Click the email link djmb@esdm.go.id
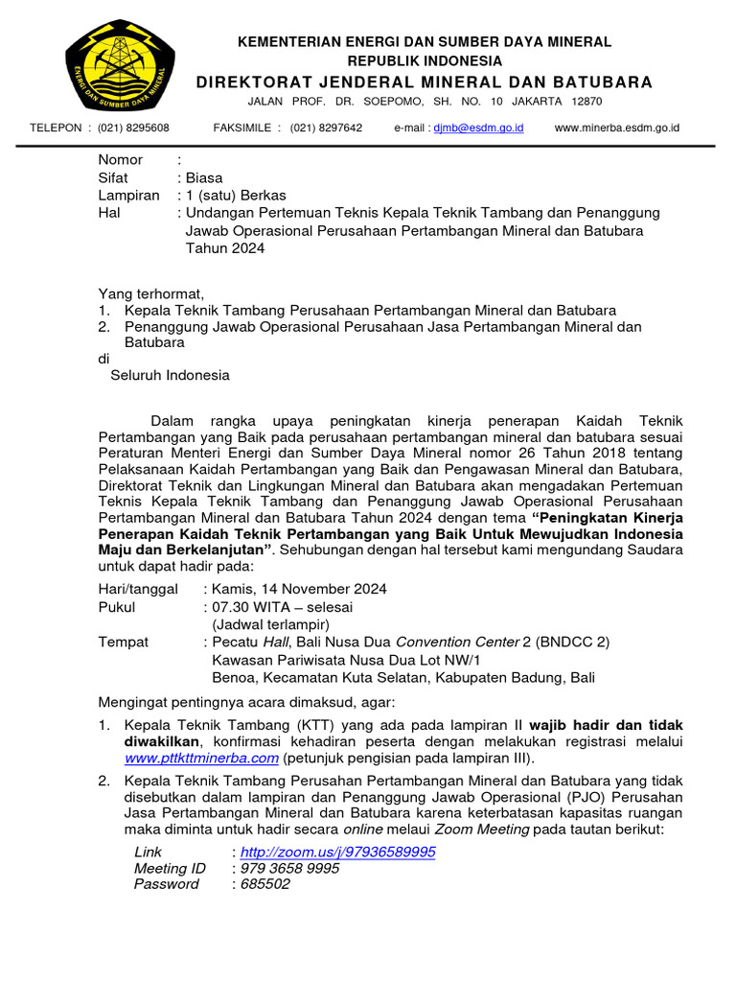point(478,128)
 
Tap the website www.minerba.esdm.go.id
point(617,128)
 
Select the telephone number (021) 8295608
point(134,128)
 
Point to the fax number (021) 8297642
point(326,128)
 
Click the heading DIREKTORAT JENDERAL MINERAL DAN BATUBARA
point(425,82)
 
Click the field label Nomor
point(121,160)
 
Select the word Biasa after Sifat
point(206,177)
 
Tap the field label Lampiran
point(127,195)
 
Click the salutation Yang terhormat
point(151,293)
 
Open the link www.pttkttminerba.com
point(202,758)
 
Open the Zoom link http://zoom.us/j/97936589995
point(337,852)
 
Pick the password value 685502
point(264,884)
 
